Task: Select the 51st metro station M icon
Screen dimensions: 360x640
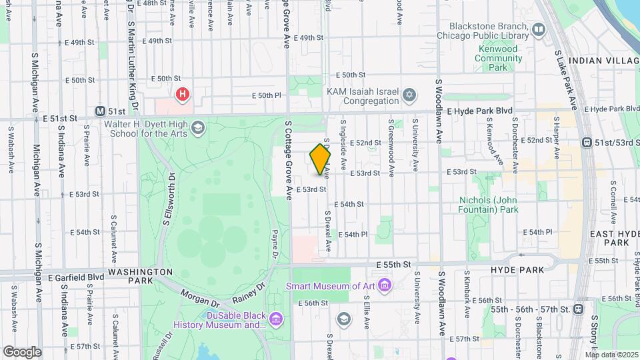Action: [x=101, y=111]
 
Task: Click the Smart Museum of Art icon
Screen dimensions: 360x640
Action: [x=385, y=286]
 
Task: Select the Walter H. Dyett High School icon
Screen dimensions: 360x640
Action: [x=197, y=127]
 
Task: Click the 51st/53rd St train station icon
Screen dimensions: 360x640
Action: [x=587, y=142]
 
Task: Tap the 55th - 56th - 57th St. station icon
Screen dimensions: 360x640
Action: [x=577, y=309]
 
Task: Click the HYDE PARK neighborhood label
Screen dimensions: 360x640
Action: [x=517, y=269]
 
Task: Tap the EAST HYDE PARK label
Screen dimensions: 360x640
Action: [x=611, y=238]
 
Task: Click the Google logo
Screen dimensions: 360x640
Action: [x=22, y=351]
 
